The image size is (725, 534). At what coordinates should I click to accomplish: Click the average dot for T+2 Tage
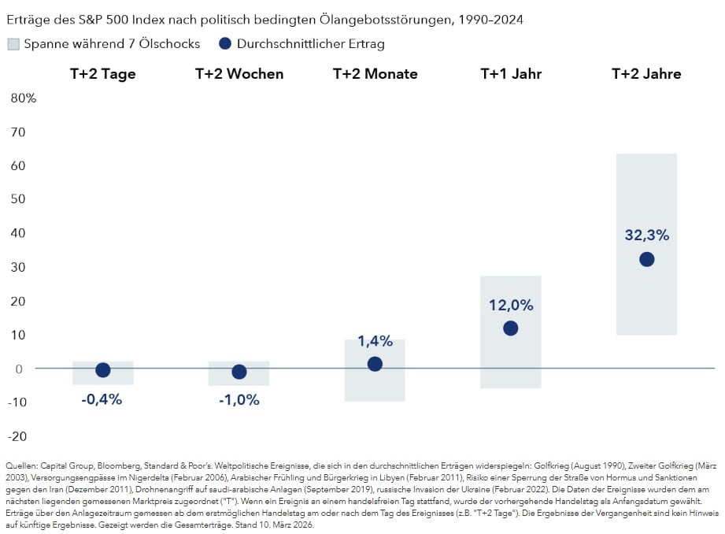(102, 370)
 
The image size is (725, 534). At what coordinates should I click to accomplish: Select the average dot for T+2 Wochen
(239, 372)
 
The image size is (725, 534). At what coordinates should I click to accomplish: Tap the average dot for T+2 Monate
(375, 364)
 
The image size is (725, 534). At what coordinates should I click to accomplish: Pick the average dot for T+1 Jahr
(510, 328)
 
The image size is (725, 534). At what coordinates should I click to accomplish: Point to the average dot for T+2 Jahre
(646, 259)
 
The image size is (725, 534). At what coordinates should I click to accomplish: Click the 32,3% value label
(646, 235)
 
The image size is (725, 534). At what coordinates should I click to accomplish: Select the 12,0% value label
(511, 305)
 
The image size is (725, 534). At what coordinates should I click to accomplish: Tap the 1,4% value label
(375, 340)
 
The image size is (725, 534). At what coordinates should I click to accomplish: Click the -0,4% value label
(102, 399)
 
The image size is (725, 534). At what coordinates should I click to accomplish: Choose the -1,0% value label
(239, 399)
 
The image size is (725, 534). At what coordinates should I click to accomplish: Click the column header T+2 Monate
(375, 74)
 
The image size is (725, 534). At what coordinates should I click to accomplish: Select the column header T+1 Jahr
(511, 74)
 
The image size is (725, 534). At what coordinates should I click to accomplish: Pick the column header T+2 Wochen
(239, 74)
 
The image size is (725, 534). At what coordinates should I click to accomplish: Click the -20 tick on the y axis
(18, 436)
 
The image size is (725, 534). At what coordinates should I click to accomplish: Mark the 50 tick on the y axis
(18, 200)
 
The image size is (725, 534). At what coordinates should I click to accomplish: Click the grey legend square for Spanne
(13, 44)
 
